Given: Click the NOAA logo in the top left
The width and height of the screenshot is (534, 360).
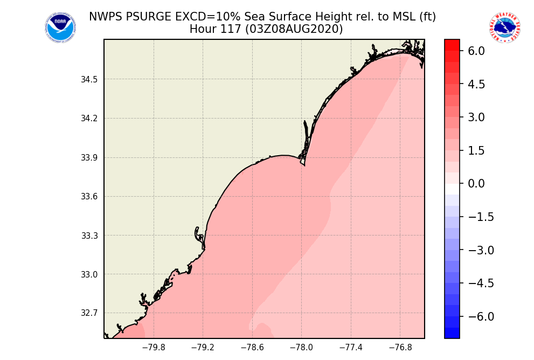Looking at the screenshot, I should pos(60,27).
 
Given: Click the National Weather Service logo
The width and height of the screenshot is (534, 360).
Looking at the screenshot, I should pos(505,27).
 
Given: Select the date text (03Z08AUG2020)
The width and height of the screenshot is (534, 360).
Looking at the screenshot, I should pos(294,29).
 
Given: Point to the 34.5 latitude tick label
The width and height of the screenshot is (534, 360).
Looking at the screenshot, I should pos(89,80).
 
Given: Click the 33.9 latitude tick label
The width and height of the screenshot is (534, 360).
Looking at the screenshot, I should pos(89,158).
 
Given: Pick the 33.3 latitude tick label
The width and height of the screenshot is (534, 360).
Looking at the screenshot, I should pos(89,236).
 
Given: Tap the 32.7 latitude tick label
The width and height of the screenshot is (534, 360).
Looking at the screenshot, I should pos(89,313).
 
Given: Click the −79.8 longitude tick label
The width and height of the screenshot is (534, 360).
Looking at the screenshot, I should pos(153,348).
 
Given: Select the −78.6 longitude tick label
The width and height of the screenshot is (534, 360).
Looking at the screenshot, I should pos(252,348).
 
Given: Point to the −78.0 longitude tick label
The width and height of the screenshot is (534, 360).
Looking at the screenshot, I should pos(301,348).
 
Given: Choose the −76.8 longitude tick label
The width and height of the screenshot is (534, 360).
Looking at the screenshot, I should pos(400,348).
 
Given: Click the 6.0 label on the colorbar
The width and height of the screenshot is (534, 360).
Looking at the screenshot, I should pos(476,51).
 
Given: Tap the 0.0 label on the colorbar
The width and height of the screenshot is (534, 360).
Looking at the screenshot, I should pos(476,184).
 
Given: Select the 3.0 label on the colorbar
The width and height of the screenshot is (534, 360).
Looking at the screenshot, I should pos(476,117).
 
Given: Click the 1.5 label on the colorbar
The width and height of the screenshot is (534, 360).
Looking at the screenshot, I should pos(476,151).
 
